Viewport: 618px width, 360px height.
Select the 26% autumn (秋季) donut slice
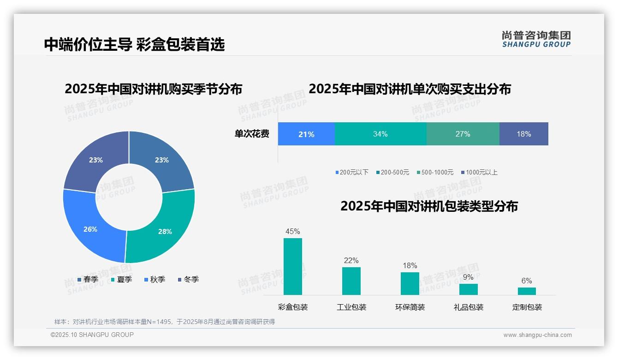click(x=92, y=226)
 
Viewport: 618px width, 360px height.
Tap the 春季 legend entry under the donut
click(x=88, y=279)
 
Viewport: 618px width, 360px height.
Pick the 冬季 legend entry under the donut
click(x=188, y=279)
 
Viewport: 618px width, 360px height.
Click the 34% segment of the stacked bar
click(x=380, y=134)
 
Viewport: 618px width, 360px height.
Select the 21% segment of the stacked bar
click(x=306, y=134)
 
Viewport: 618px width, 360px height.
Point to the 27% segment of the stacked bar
click(x=463, y=134)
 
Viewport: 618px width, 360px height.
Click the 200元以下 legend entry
click(x=352, y=172)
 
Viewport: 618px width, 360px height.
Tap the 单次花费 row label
click(x=252, y=134)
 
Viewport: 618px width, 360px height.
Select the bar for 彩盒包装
click(x=293, y=266)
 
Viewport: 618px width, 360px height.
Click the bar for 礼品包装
click(x=468, y=289)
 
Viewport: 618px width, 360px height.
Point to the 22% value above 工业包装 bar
click(x=351, y=261)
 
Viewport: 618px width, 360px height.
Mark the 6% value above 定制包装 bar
click(x=527, y=281)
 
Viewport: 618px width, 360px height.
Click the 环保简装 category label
click(x=410, y=307)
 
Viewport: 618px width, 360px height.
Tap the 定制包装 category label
click(x=527, y=307)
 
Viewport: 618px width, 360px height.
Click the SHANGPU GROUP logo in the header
click(x=536, y=39)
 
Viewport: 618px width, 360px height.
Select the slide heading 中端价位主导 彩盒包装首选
click(x=134, y=44)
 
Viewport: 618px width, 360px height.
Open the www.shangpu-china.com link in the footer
click(x=537, y=335)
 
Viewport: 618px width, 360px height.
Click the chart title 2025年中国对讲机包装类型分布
click(x=429, y=206)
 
